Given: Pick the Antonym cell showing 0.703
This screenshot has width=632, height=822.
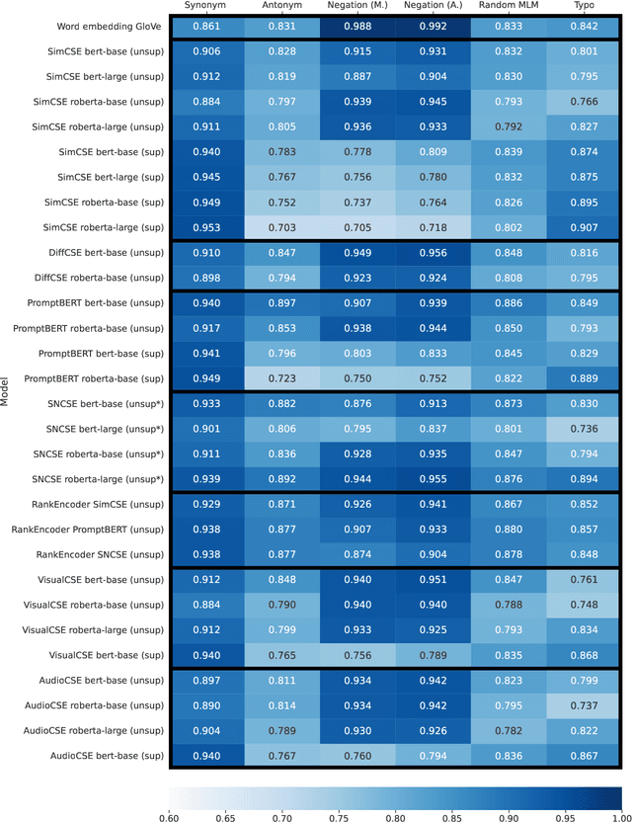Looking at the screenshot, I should point(283,227).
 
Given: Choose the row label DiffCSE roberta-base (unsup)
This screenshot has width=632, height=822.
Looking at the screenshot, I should point(101,278).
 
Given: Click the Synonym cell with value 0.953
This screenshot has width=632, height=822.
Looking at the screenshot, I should point(207,227).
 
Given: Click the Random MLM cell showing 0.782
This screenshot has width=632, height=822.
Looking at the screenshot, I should point(510,730).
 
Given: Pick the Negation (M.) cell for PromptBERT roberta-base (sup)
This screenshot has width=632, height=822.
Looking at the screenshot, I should point(357,378).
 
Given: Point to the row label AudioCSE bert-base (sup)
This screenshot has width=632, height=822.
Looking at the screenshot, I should point(106,756).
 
